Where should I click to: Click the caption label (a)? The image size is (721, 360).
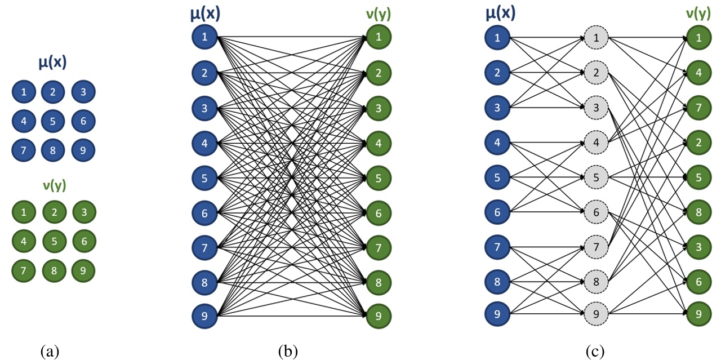50,352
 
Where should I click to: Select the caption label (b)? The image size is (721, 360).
288,352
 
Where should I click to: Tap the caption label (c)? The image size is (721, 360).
595,352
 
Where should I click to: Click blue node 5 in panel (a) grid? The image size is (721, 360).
53,121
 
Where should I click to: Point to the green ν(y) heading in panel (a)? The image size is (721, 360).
53,185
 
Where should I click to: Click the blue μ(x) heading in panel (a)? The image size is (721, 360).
52,63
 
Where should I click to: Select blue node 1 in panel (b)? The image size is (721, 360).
204,38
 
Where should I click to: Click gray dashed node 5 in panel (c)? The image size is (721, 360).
596,177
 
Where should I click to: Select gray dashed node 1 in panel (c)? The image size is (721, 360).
596,38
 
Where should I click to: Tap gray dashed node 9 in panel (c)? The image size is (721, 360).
596,315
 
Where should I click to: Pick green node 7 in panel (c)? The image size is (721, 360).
697,107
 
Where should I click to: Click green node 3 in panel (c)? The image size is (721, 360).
697,246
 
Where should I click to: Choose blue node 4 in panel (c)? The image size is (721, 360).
497,142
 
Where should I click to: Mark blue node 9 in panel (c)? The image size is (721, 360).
497,315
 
